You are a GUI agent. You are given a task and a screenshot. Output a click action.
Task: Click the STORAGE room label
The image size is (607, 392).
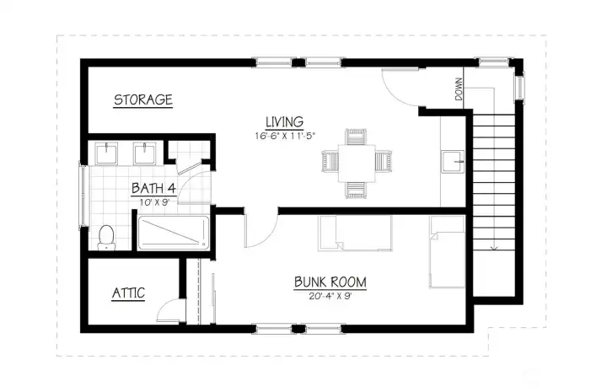tap(142, 99)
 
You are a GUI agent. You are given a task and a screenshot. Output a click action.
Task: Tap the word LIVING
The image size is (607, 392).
tap(285, 122)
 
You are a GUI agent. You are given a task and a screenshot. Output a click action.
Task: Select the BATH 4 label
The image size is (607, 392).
tap(153, 189)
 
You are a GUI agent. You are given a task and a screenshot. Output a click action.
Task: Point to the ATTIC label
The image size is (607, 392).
tap(128, 293)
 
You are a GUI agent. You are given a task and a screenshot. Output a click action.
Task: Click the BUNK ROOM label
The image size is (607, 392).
tap(330, 282)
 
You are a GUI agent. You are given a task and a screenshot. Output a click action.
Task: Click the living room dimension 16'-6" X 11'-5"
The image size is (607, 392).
tap(285, 136)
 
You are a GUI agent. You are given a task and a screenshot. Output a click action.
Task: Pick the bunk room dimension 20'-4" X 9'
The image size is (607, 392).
tap(330, 297)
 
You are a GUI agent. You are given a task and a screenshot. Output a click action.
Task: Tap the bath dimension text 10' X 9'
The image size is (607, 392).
tap(154, 202)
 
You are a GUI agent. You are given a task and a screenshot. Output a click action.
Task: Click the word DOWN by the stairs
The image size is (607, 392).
tap(459, 89)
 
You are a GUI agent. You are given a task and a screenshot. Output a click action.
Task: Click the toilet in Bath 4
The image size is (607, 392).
tap(106, 237)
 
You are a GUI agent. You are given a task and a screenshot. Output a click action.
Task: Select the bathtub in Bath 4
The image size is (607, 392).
tap(174, 232)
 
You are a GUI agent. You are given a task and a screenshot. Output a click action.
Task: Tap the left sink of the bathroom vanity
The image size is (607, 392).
tap(106, 153)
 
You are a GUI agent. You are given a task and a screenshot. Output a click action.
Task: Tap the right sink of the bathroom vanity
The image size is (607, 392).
tap(145, 153)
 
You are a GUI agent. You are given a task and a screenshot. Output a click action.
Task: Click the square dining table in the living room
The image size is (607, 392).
tap(357, 163)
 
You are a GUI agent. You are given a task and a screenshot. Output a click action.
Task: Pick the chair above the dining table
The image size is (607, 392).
tap(356, 137)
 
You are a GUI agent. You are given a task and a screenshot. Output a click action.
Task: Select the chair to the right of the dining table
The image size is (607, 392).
tap(384, 161)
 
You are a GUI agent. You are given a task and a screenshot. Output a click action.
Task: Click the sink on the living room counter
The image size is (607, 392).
tap(453, 162)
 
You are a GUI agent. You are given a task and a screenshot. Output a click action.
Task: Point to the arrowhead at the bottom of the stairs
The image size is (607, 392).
tap(494, 248)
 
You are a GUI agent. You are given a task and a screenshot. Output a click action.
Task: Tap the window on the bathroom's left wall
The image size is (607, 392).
tap(83, 196)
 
